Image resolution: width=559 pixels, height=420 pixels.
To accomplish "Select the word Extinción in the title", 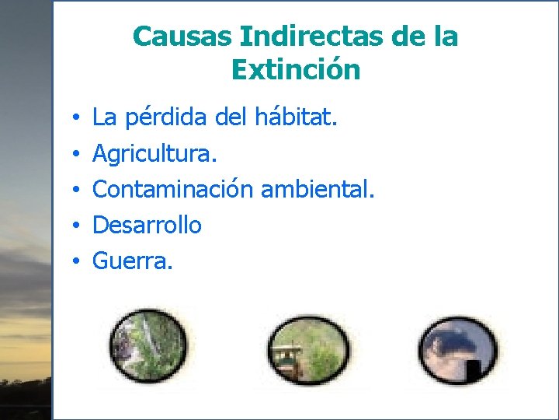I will pyautogui.click(x=296, y=71).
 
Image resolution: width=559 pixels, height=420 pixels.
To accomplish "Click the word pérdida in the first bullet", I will pyautogui.click(x=162, y=119).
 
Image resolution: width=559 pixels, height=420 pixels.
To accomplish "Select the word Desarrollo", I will pyautogui.click(x=147, y=226).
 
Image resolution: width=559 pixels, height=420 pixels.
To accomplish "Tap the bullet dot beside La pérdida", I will pyautogui.click(x=78, y=119).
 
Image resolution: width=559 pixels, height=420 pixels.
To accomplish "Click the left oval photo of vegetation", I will pyautogui.click(x=147, y=347).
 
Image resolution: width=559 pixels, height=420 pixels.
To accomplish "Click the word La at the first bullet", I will pyautogui.click(x=103, y=118).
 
